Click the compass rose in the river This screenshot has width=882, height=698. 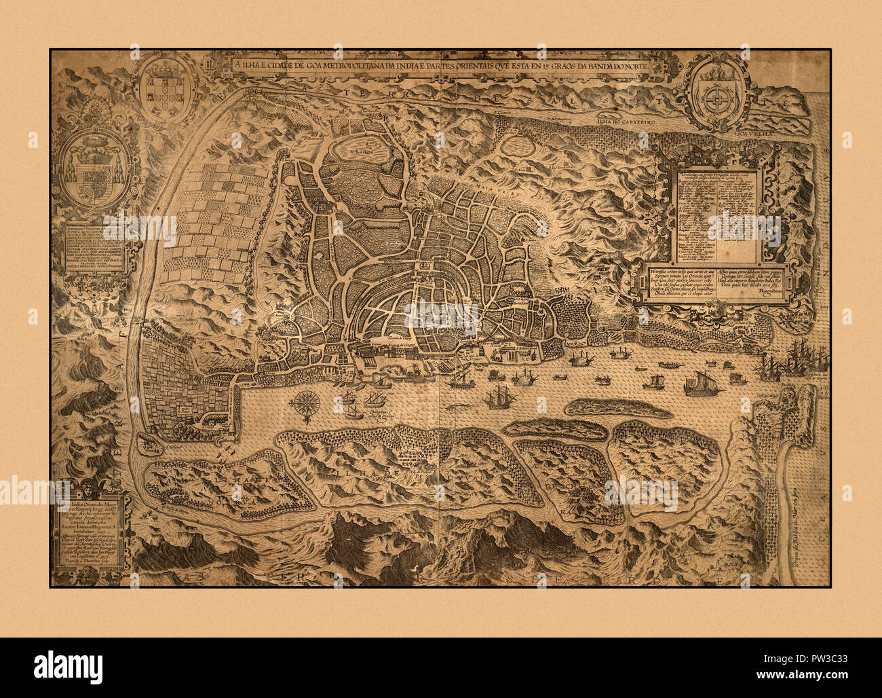click(306, 403)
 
